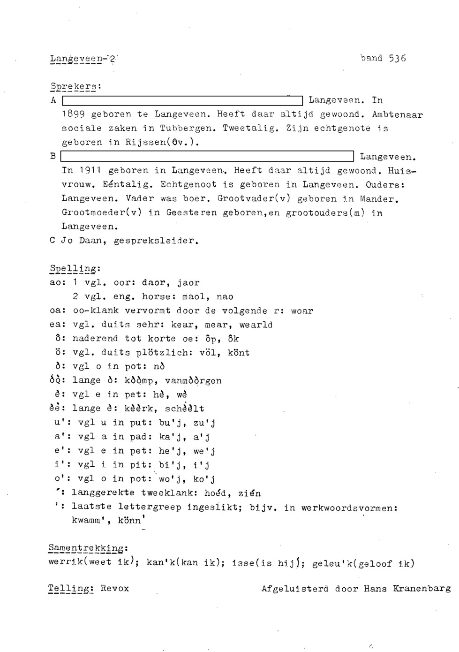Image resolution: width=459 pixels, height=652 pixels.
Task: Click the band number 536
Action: [x=397, y=58]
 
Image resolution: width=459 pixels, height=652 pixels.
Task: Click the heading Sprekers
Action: [x=75, y=87]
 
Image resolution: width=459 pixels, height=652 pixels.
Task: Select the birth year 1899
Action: [x=73, y=114]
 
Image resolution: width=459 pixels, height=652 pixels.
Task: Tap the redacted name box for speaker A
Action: [x=183, y=100]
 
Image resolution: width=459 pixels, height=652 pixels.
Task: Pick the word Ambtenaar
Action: [x=397, y=114]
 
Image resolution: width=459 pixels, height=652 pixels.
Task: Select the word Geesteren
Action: [x=192, y=212]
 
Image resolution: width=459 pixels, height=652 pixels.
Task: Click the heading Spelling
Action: [x=74, y=269]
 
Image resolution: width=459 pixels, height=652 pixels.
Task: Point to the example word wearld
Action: [x=256, y=325]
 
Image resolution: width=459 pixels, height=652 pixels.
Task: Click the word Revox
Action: [x=114, y=588]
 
